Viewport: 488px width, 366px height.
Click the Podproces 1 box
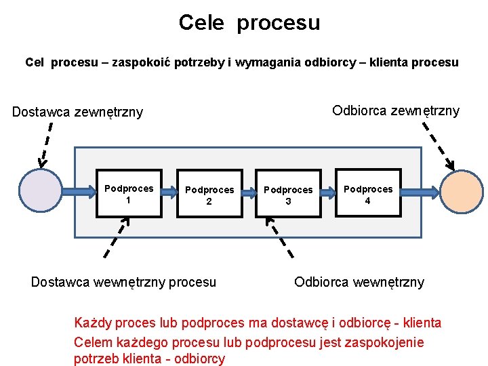tap(129, 193)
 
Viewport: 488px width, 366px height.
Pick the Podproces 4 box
tap(368, 194)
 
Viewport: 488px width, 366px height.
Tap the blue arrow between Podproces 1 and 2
tap(169, 192)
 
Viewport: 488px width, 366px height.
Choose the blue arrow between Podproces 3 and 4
tap(328, 192)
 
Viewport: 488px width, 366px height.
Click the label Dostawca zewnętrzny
tap(77, 112)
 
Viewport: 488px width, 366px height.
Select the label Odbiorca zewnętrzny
tap(395, 110)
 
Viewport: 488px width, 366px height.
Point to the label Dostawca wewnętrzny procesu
tap(123, 282)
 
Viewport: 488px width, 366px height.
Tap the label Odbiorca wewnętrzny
tap(359, 282)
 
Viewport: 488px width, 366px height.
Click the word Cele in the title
tap(201, 23)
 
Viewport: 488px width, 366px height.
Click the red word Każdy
tap(94, 323)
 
